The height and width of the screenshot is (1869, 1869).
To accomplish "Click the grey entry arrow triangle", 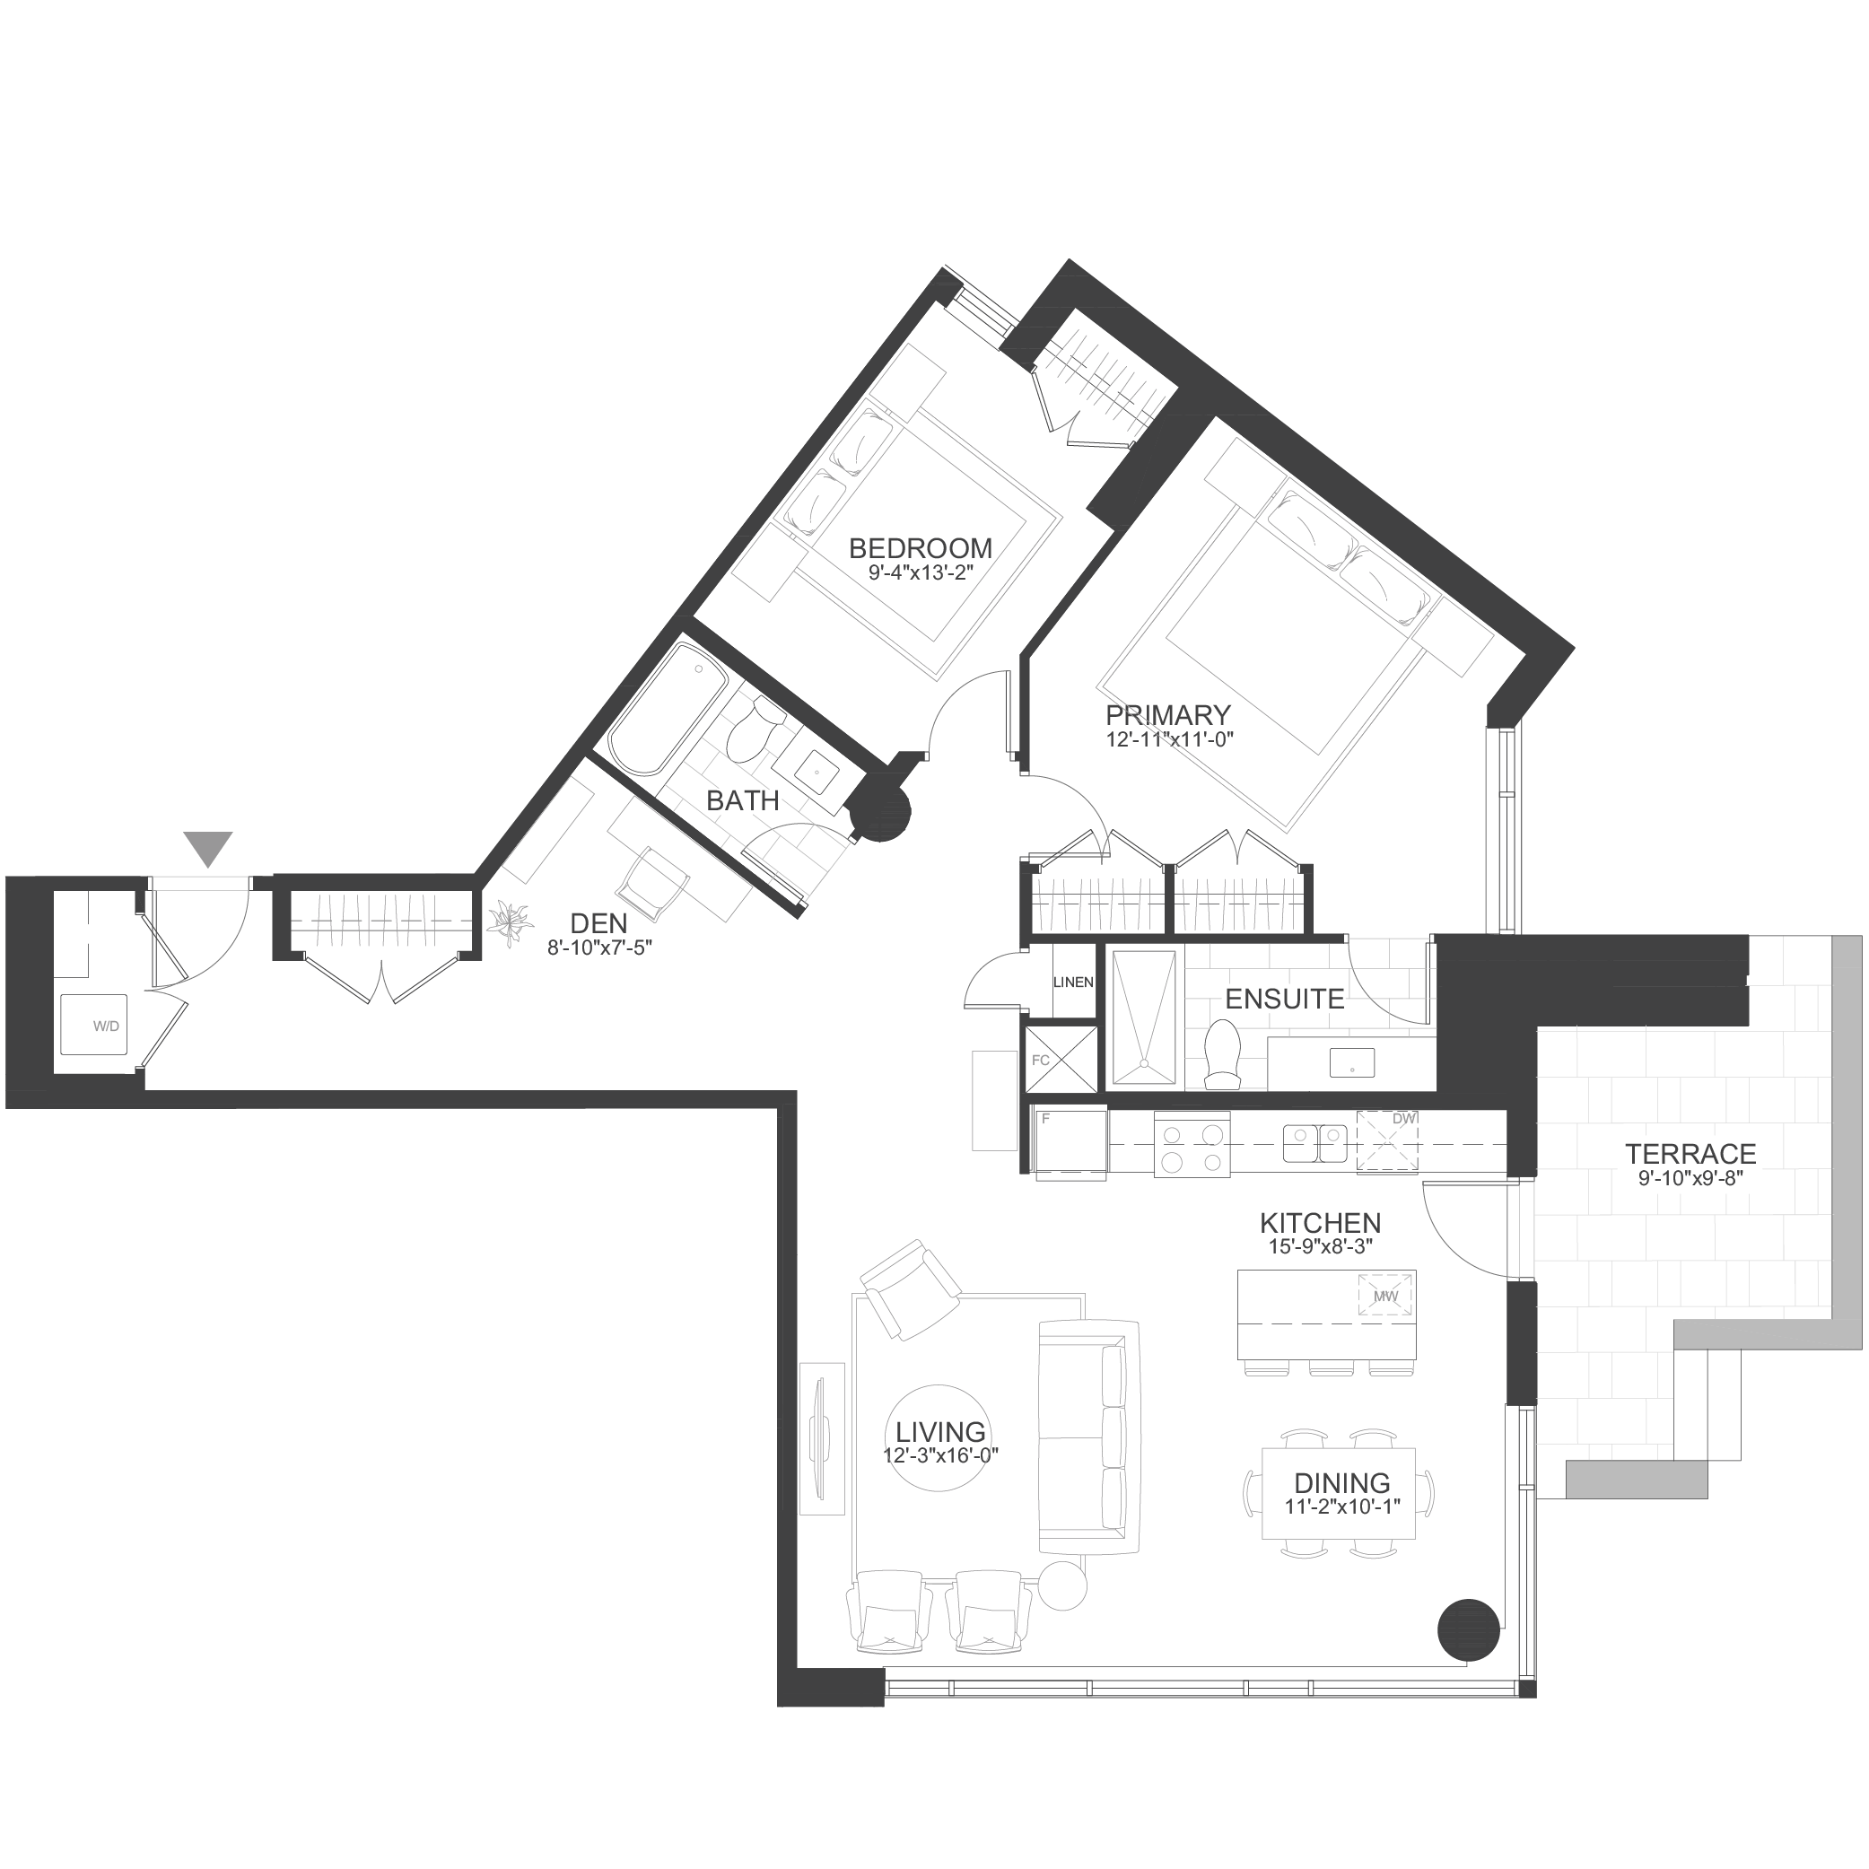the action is point(208,847).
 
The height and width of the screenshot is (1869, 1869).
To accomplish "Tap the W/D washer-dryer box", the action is point(94,1025).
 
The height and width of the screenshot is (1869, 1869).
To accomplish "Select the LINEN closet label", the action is point(1073,982).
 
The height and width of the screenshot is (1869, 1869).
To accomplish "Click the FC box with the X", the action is point(1061,1060).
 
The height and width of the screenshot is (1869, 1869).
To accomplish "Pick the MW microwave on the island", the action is point(1385,1296).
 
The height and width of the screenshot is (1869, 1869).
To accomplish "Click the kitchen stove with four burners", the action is point(1192,1144).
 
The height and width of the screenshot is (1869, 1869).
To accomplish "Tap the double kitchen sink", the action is point(1314,1142).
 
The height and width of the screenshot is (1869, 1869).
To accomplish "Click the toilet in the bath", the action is point(751,729).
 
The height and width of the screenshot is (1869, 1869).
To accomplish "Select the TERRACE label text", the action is point(1690,1153).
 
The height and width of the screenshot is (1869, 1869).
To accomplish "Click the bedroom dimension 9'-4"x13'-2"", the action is point(919,572).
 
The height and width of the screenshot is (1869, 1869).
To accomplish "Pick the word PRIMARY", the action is point(1167,715).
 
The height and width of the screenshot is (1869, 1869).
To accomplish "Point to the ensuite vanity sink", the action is point(1351,1062).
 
